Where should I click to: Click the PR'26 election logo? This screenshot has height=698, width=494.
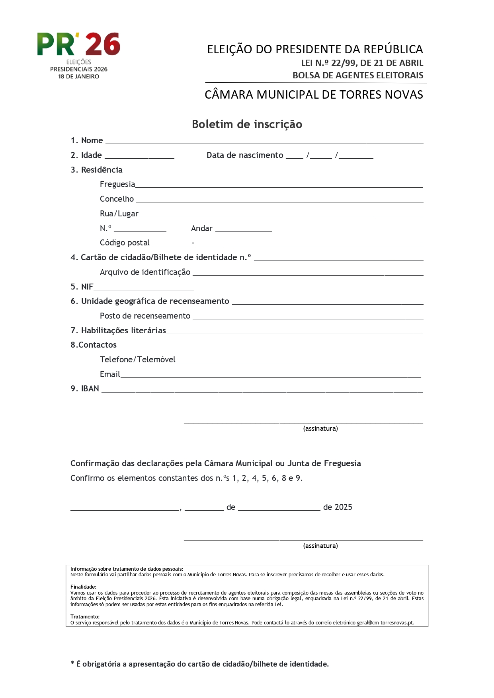[79, 55]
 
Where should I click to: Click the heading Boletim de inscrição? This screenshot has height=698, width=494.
[247, 124]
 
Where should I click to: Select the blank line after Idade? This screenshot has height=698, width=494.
[139, 156]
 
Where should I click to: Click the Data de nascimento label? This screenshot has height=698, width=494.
[245, 155]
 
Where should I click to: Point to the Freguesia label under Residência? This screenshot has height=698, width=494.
[117, 184]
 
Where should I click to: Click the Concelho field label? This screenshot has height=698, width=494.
[117, 199]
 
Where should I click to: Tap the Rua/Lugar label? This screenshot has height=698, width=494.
[119, 214]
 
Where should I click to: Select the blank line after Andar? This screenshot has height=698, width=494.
[243, 229]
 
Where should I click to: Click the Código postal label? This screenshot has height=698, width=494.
[125, 243]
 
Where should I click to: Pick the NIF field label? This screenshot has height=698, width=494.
[87, 287]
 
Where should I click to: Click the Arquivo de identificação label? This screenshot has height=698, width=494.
[145, 272]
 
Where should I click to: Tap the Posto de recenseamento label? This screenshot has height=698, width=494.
[145, 316]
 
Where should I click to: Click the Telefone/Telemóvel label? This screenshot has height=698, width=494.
[137, 360]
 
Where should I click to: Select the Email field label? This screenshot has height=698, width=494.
[110, 374]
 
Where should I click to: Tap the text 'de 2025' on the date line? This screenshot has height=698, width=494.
[338, 507]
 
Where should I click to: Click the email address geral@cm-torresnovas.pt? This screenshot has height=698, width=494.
[385, 622]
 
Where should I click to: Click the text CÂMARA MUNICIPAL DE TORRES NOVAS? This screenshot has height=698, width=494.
[314, 95]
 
